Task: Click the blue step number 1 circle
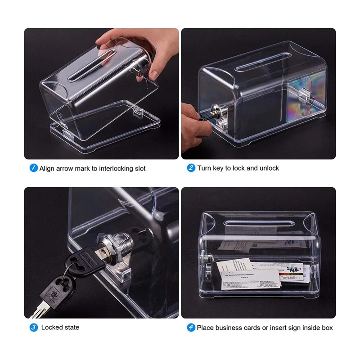34,168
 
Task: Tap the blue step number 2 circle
191,168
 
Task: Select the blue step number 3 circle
34,327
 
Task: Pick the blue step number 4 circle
191,328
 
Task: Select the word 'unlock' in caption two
269,168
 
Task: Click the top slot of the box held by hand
92,65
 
